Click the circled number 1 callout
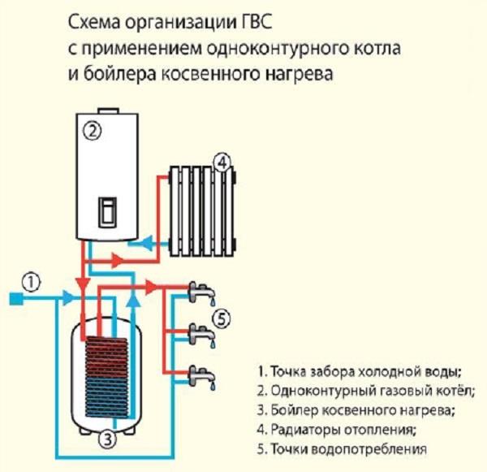pyautogui.click(x=30, y=282)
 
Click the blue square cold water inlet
pyautogui.click(x=15, y=299)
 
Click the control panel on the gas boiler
pyautogui.click(x=106, y=211)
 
